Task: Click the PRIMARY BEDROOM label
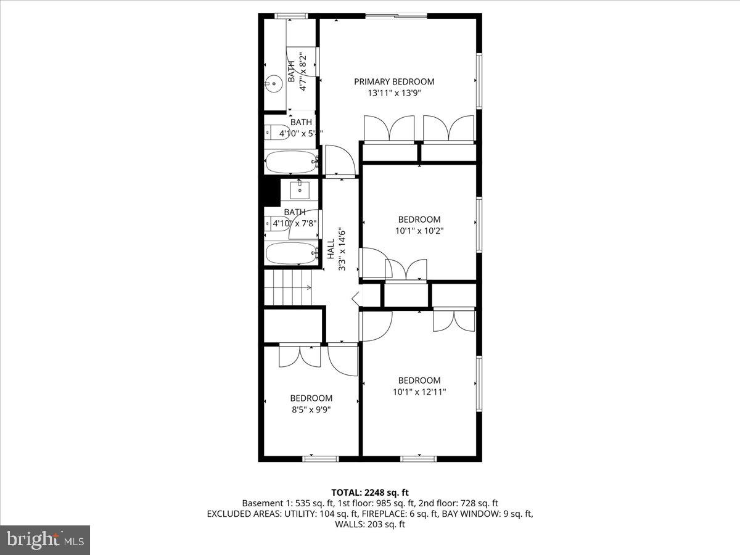pyautogui.click(x=393, y=81)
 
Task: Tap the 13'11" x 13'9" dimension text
pyautogui.click(x=393, y=93)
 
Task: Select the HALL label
pyautogui.click(x=331, y=249)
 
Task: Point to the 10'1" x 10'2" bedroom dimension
pyautogui.click(x=419, y=231)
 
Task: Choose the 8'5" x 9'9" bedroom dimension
pyautogui.click(x=311, y=409)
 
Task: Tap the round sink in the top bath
pyautogui.click(x=272, y=83)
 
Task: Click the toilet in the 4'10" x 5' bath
pyautogui.click(x=272, y=132)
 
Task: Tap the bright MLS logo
pyautogui.click(x=44, y=540)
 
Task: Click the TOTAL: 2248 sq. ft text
pyautogui.click(x=370, y=492)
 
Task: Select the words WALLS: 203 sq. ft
pyautogui.click(x=370, y=525)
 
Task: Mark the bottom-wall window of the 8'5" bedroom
pyautogui.click(x=321, y=458)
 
